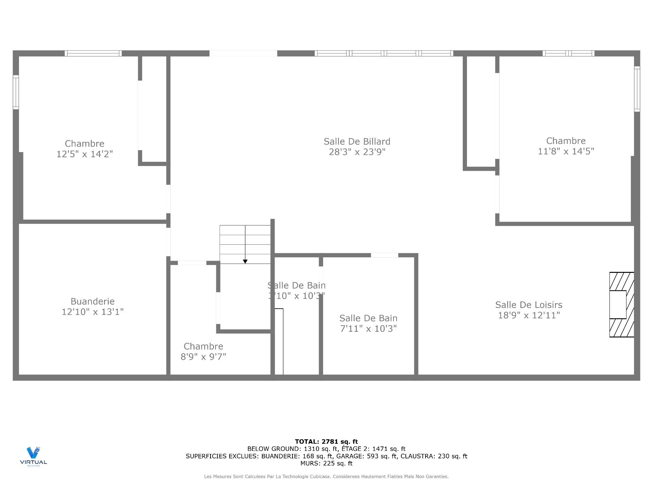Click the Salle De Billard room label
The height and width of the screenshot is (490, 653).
pos(357,141)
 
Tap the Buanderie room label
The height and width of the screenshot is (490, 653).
pos(93,301)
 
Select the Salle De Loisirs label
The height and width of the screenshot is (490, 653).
pos(529,305)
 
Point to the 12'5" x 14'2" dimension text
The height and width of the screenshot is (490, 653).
pos(84,154)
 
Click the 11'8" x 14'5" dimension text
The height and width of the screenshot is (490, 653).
pos(566,151)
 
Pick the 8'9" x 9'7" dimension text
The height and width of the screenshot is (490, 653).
pos(203,357)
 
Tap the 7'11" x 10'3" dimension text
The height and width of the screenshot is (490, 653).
pos(368,328)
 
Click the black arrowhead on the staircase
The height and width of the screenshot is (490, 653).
pos(245,261)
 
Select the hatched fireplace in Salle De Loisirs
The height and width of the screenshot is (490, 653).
pos(621,305)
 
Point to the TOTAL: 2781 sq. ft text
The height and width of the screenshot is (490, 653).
pos(326,442)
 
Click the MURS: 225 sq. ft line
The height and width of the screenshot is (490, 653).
pos(326,463)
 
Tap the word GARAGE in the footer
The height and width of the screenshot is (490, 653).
pos(348,456)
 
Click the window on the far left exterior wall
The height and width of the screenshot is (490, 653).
pos(16,92)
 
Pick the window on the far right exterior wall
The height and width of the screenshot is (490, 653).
pos(637,89)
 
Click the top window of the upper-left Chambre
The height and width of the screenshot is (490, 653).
pos(93,53)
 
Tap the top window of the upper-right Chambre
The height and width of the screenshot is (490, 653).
pos(568,53)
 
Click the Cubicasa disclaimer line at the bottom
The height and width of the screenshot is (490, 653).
pos(326,477)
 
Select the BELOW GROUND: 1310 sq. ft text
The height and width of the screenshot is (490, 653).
pos(292,449)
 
